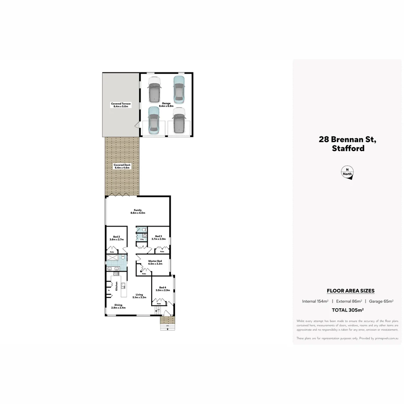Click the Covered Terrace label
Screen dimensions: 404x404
121,105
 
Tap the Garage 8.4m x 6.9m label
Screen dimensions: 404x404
166,104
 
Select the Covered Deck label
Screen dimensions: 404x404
122,166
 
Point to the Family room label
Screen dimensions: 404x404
138,211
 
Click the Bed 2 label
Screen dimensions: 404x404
116,238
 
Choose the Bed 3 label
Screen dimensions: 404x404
159,237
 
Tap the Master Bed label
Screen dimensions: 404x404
155,262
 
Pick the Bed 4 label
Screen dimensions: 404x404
163,289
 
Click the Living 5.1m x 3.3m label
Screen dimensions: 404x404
139,296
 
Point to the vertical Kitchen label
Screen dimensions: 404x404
116,286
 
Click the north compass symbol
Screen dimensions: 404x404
348,172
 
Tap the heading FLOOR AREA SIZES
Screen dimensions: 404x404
351,291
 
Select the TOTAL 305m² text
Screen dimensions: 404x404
348,310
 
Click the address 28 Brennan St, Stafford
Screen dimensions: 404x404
348,144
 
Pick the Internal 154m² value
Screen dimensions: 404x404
315,301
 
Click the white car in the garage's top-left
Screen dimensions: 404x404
154,89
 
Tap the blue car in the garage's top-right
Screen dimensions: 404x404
179,89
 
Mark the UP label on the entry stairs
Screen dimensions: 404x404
159,310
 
